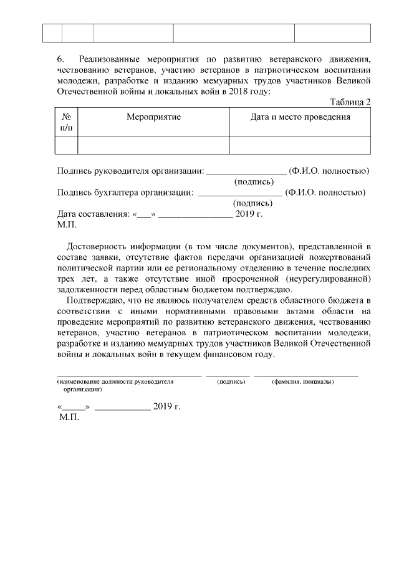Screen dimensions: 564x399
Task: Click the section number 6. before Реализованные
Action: pos(60,59)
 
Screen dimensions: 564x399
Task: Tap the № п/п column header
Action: pos(67,122)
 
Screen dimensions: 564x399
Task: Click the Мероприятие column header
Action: pos(153,117)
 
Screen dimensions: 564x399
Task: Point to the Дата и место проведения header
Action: pos(300,117)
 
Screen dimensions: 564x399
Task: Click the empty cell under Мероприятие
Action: pos(153,145)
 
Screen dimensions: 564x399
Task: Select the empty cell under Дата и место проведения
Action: pos(300,145)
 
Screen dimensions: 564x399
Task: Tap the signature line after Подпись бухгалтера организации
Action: pos(240,193)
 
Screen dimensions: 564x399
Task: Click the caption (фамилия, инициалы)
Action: pos(303,381)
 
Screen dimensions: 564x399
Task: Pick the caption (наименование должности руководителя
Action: pos(115,381)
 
